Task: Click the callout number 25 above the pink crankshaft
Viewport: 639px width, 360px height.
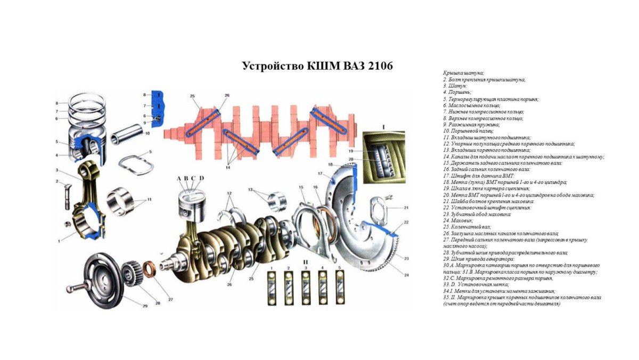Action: pyautogui.click(x=192, y=96)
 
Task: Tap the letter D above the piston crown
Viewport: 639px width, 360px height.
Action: pyautogui.click(x=202, y=178)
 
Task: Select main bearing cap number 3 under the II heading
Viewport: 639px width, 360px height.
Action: pyautogui.click(x=306, y=285)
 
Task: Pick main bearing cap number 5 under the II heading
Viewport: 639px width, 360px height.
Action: pyautogui.click(x=339, y=285)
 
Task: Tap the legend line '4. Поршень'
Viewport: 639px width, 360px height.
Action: pyautogui.click(x=456, y=92)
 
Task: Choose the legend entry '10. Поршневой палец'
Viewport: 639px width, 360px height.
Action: pyautogui.click(x=469, y=130)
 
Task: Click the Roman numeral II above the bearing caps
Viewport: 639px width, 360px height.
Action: pyautogui.click(x=306, y=263)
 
